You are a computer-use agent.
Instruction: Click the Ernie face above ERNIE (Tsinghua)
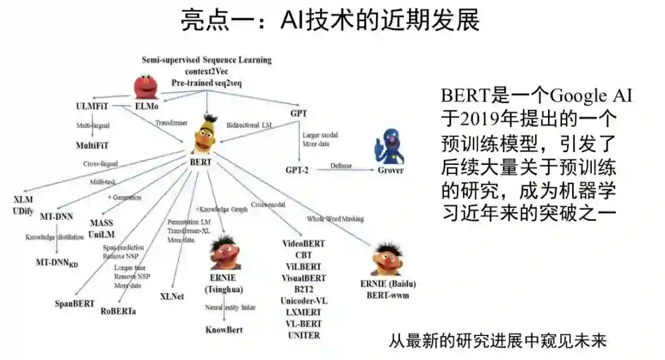click(223, 250)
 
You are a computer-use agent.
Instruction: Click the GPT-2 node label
click(297, 169)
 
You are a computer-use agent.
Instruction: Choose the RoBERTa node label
click(119, 311)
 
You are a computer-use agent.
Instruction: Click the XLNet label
click(172, 296)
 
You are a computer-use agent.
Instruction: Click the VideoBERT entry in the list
click(304, 244)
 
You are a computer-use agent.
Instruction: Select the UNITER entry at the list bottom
click(304, 335)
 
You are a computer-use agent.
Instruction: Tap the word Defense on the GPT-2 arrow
click(341, 166)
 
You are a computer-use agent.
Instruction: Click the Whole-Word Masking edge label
click(336, 218)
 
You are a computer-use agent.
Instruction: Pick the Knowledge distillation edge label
click(54, 237)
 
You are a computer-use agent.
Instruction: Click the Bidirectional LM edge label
click(249, 125)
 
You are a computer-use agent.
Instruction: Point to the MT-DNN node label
click(57, 217)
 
